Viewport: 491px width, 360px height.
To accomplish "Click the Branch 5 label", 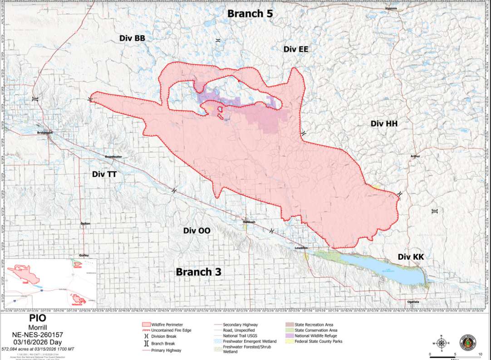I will (250, 14).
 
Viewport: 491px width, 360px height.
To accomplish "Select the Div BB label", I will (132, 38).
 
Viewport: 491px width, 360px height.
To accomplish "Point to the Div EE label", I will (296, 49).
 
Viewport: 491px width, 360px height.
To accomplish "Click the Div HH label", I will (384, 123).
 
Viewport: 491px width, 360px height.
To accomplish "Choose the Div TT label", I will (104, 174).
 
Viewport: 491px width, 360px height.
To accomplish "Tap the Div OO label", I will (196, 230).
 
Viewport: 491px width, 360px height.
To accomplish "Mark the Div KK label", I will (411, 257).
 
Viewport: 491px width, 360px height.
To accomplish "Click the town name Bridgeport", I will (45, 133).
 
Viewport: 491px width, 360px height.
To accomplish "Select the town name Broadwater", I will (113, 157).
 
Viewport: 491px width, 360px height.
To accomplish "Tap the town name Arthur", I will (415, 156).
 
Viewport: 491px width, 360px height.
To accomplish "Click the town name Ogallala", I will (413, 302).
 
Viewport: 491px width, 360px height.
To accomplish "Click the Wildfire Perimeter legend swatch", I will (147, 325).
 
